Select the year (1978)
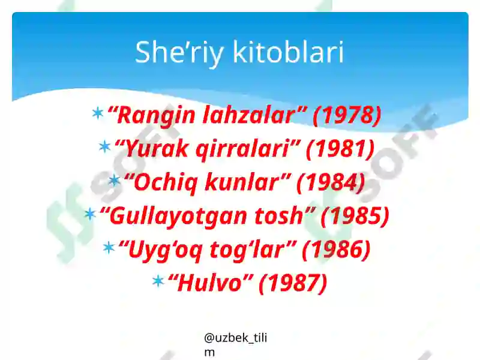coord(347,115)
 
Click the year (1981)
coord(340,149)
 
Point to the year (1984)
coord(331,182)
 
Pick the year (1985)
coord(355,216)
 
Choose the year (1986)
coord(336,250)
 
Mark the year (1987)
coord(293,283)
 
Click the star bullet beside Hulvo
coord(158,281)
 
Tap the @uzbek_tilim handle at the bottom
coord(235,344)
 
